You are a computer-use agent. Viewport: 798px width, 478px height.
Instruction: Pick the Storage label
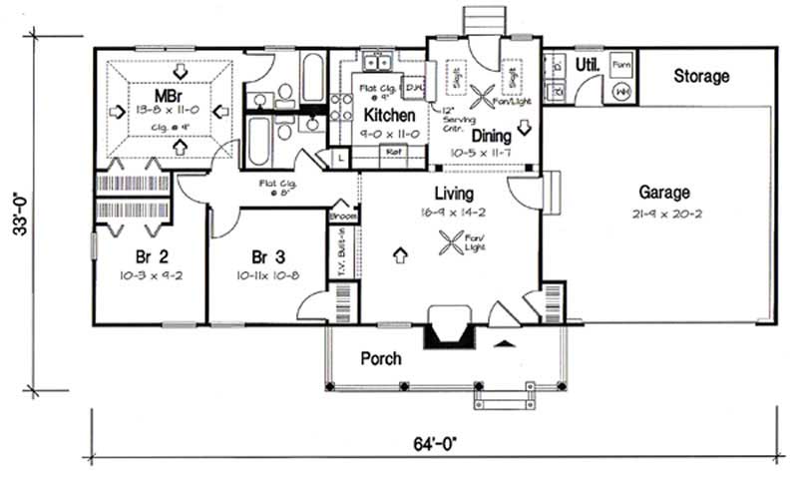click(x=701, y=76)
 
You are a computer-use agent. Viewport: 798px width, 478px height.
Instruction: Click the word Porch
click(x=380, y=358)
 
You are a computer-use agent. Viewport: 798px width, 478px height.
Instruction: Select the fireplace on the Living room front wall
click(x=450, y=328)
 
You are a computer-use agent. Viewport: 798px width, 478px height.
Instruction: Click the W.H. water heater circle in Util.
click(x=621, y=91)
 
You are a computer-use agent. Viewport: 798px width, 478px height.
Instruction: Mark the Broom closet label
click(x=342, y=214)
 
